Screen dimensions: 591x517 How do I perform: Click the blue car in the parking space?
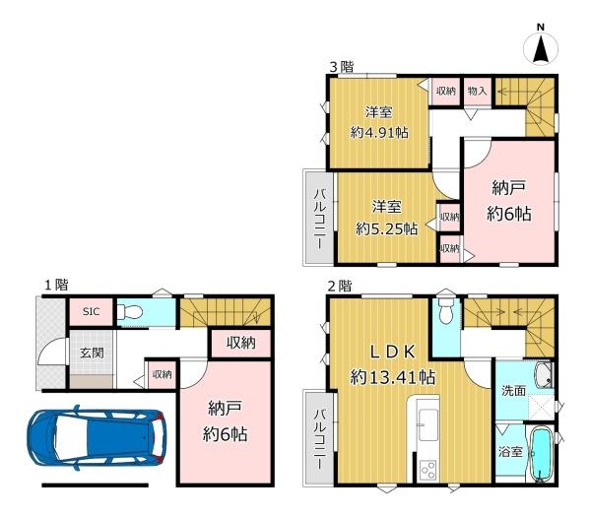coord(97,438)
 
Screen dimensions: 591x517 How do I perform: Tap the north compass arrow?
coord(541,48)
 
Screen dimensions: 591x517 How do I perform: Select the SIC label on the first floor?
coord(92,311)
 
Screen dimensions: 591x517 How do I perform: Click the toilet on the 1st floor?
coord(130,312)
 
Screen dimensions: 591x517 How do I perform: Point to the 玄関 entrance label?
coord(92,354)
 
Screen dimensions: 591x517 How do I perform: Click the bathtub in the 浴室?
coord(541,454)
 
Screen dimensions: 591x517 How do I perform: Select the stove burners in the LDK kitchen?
coord(428,471)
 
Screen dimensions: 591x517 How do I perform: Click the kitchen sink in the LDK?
coord(428,424)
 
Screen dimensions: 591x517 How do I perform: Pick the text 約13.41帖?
coord(393,377)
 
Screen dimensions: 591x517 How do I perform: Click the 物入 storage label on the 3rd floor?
coord(477,91)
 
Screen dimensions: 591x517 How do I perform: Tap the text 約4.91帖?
coord(379,133)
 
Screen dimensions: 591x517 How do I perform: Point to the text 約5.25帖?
coord(387,228)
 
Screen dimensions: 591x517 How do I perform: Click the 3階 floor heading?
coord(342,67)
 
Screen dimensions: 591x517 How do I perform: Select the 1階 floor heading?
coord(56,285)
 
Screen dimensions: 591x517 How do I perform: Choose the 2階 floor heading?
coord(339,287)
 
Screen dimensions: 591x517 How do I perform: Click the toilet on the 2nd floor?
coord(445,311)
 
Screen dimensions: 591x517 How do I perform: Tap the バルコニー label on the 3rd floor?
coord(320,220)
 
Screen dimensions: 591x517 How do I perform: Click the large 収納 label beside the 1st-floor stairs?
coord(241,343)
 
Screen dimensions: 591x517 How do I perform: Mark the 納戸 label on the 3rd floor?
coord(509,188)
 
